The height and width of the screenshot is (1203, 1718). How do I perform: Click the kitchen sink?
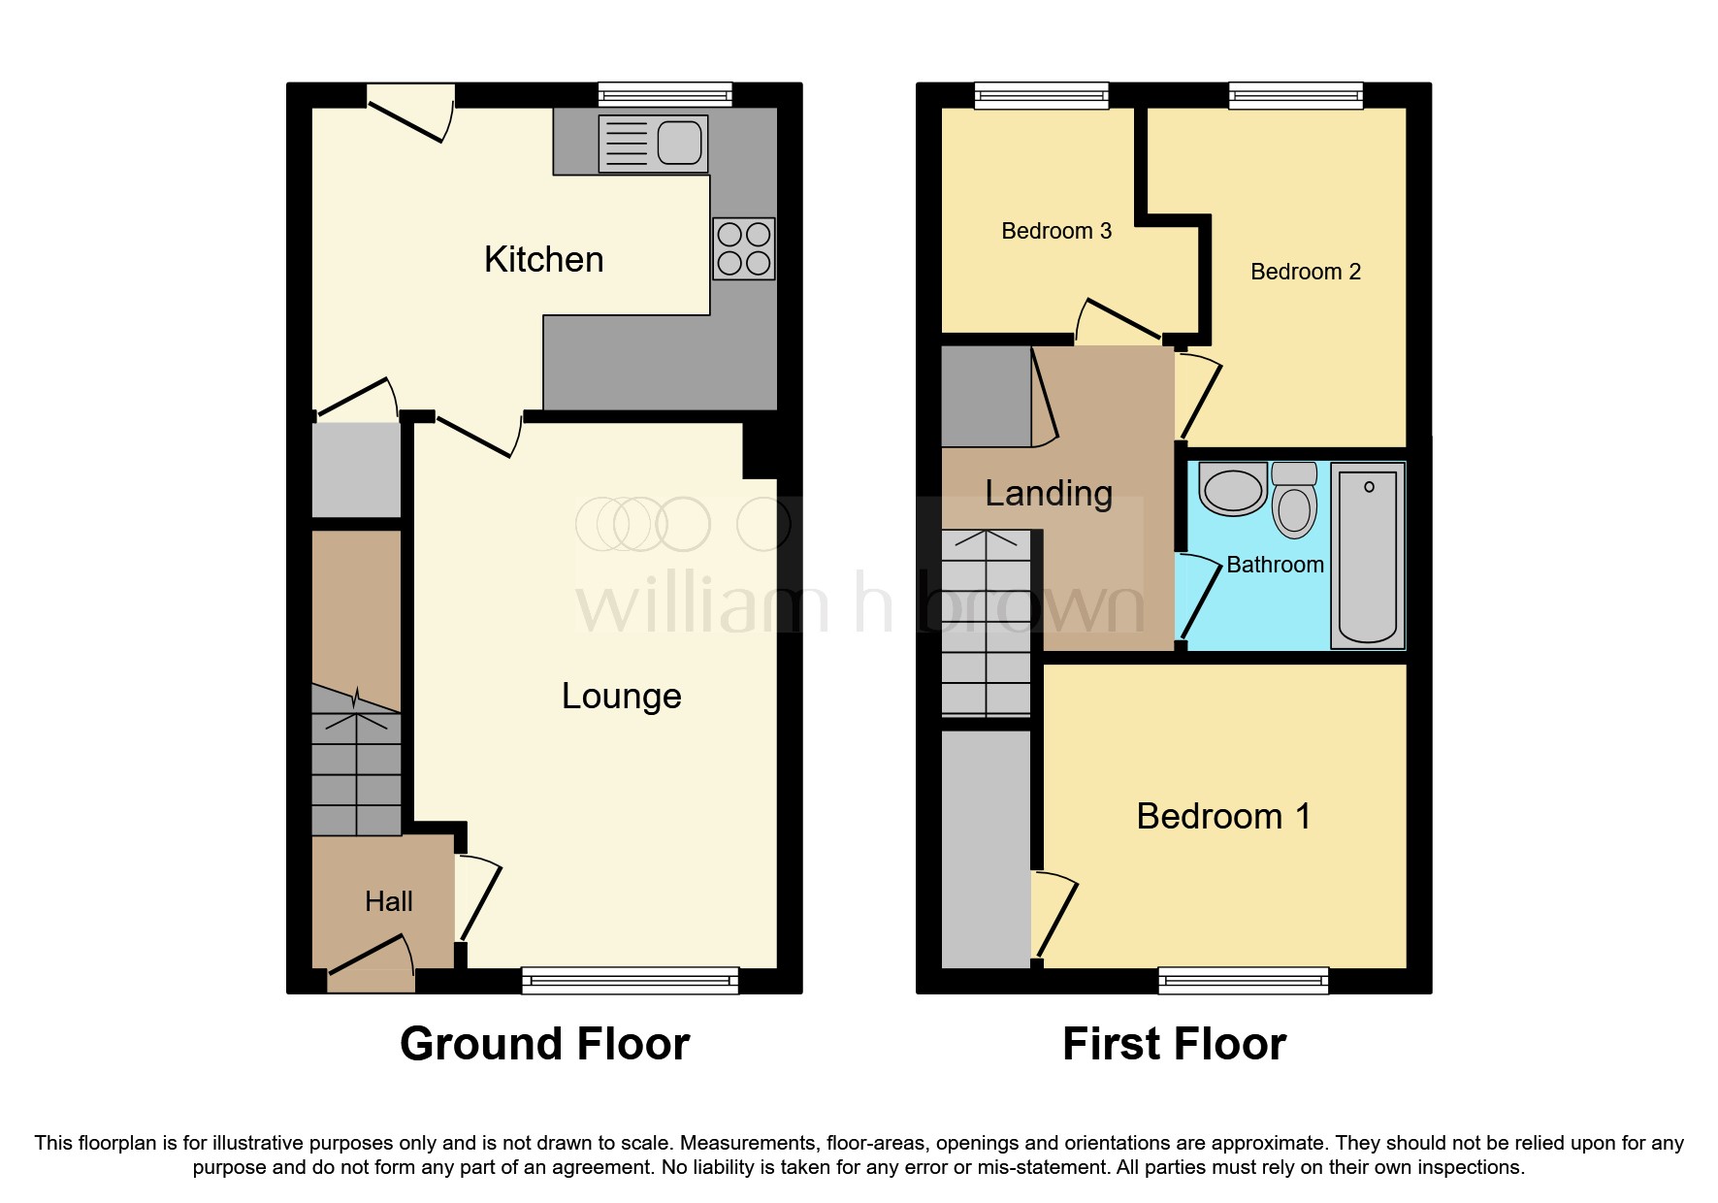coord(653,144)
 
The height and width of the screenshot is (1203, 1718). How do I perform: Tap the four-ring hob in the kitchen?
coord(744,248)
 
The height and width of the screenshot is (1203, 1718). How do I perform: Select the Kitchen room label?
coord(543,260)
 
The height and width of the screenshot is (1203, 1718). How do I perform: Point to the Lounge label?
coord(622,697)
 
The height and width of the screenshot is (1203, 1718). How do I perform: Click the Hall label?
coord(389,902)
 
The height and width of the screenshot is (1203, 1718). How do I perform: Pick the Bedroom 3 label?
coord(1056,231)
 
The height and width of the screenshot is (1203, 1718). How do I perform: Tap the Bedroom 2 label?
coord(1306,272)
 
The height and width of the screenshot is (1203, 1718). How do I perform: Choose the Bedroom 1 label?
coord(1224,817)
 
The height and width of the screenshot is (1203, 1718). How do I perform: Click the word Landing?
coord(1049,494)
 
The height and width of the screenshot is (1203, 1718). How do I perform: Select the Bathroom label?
coord(1275,565)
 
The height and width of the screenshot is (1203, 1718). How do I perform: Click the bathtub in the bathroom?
coord(1368,556)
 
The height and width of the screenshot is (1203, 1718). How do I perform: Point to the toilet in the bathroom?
coord(1294,500)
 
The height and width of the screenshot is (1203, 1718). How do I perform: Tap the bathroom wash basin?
coord(1233,488)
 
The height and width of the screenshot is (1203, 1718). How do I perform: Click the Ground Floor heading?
coord(544,1045)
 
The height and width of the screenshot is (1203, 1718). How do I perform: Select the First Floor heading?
coord(1174,1045)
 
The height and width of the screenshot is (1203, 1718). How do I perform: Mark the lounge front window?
coord(631,981)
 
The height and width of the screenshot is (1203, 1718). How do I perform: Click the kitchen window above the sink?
coord(665,95)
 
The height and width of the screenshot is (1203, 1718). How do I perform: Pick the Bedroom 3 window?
coord(1042,95)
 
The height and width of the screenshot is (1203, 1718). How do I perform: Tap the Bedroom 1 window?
coord(1244,981)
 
